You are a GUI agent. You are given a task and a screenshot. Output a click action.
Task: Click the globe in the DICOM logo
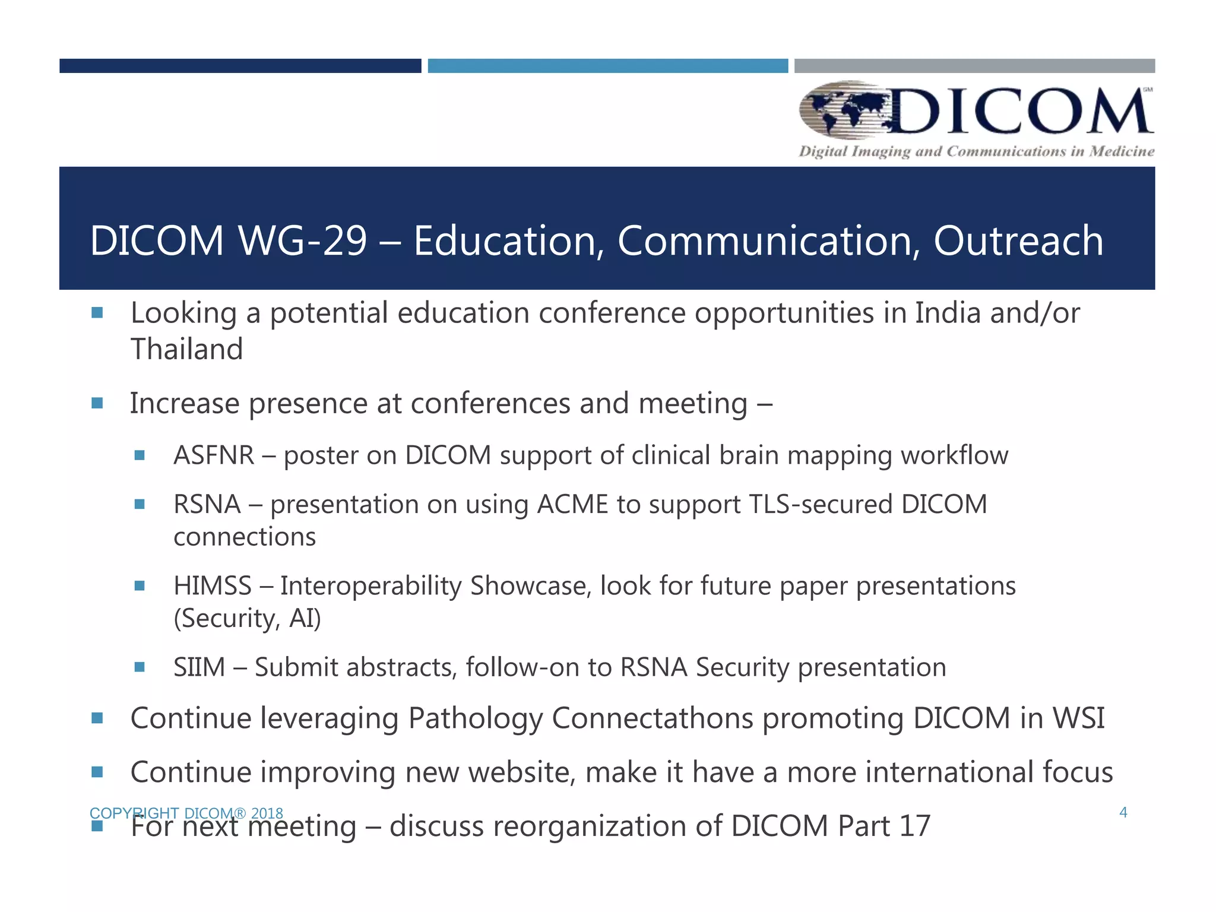click(x=843, y=110)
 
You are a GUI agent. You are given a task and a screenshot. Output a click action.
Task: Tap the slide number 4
click(x=1123, y=812)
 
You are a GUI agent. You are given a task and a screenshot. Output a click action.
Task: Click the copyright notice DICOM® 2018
click(x=186, y=813)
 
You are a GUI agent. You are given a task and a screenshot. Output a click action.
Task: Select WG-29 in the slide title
click(x=302, y=240)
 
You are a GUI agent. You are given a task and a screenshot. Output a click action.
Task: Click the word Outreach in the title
click(x=1018, y=240)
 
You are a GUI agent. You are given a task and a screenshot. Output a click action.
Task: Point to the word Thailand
click(x=186, y=349)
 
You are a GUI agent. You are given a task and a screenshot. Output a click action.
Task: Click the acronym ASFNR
click(x=214, y=455)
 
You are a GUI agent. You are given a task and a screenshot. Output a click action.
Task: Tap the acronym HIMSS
click(x=213, y=586)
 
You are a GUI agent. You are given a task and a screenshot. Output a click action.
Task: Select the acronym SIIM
click(x=199, y=667)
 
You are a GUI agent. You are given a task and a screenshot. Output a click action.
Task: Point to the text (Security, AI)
click(x=247, y=619)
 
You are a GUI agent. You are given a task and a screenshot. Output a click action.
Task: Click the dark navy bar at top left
click(x=240, y=66)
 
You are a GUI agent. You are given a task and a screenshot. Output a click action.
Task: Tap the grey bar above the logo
click(x=974, y=66)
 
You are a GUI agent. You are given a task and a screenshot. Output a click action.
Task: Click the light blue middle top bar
click(x=607, y=66)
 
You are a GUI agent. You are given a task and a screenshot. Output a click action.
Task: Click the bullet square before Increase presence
click(x=97, y=404)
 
